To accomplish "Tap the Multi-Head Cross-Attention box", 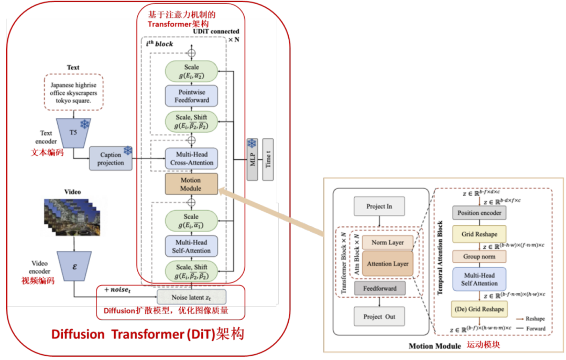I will pyautogui.click(x=191, y=158).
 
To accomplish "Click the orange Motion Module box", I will pyautogui.click(x=191, y=184).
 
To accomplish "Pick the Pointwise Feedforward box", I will pyautogui.click(x=191, y=96).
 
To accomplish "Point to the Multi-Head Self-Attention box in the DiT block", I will pyautogui.click(x=191, y=246).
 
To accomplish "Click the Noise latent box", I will pyautogui.click(x=191, y=297).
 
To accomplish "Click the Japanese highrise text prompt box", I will pyautogui.click(x=74, y=92).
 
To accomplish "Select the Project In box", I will pyautogui.click(x=379, y=206).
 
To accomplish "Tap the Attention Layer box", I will pyautogui.click(x=388, y=264).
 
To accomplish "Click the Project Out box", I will pyautogui.click(x=379, y=317).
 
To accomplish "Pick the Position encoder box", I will pyautogui.click(x=480, y=213).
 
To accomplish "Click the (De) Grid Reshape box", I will pyautogui.click(x=480, y=309).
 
